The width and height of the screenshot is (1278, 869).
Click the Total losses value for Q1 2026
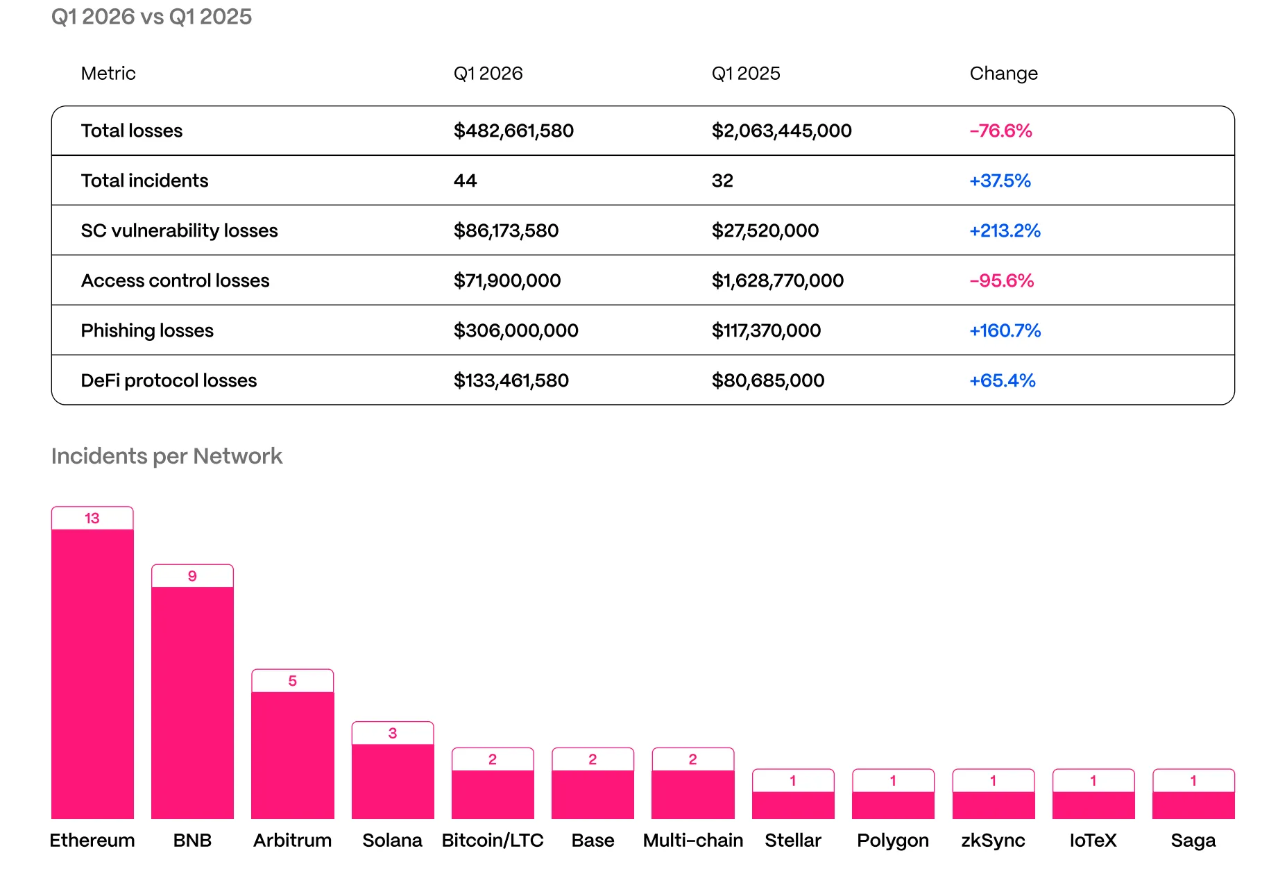pyautogui.click(x=513, y=130)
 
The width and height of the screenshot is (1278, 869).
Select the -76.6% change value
pyautogui.click(x=1000, y=130)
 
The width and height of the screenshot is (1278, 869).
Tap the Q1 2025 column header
pyautogui.click(x=746, y=74)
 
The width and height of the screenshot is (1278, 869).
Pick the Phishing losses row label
pyautogui.click(x=147, y=330)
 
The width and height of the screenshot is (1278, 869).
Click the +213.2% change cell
pyautogui.click(x=1005, y=230)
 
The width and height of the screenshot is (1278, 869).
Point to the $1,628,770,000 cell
pyautogui.click(x=777, y=280)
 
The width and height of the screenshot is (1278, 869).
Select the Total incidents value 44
pyautogui.click(x=465, y=180)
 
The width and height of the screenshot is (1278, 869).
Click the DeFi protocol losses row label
pyautogui.click(x=169, y=380)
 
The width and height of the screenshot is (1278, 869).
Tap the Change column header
pyautogui.click(x=1003, y=74)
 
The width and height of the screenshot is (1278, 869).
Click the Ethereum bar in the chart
pyautogui.click(x=92, y=673)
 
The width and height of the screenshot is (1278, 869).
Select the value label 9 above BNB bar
pyautogui.click(x=192, y=576)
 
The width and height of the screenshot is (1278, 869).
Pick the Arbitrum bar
pyautogui.click(x=292, y=755)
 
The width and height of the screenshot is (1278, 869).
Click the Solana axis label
pyautogui.click(x=392, y=841)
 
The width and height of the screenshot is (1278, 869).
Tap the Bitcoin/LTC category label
pyautogui.click(x=493, y=841)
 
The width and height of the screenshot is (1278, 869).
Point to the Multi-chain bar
pyautogui.click(x=692, y=794)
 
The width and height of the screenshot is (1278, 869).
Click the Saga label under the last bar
pyautogui.click(x=1193, y=841)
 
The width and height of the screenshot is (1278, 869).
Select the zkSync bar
pyautogui.click(x=993, y=805)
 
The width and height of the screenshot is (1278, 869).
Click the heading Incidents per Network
pyautogui.click(x=167, y=456)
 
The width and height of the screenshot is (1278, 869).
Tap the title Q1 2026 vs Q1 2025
pyautogui.click(x=151, y=17)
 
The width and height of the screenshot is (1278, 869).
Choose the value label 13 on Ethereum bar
pyautogui.click(x=92, y=518)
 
